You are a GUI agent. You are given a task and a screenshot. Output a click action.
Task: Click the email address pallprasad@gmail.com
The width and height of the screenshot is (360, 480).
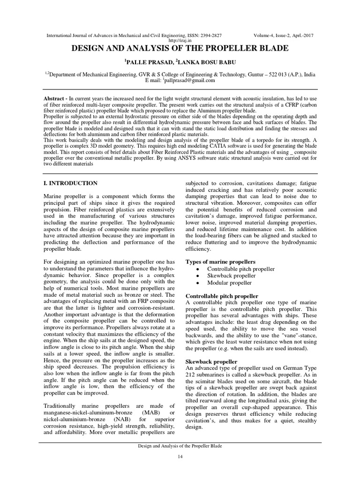(189, 80)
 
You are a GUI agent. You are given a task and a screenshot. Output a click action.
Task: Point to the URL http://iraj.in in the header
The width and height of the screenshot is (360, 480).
(180, 40)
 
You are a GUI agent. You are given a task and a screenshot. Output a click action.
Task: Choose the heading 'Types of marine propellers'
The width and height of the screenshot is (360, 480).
(221, 261)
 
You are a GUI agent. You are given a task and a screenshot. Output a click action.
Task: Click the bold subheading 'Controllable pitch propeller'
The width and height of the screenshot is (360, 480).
(222, 296)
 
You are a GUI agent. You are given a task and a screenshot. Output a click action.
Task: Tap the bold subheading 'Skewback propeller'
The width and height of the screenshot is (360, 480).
(211, 362)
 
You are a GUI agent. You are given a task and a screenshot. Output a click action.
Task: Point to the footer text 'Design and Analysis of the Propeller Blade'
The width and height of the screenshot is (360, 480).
(180, 446)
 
